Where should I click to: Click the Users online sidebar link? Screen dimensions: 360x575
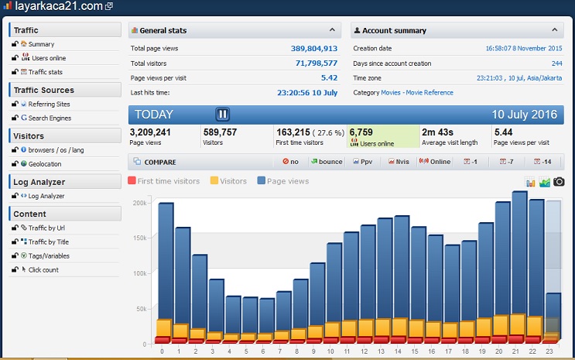(x=48, y=58)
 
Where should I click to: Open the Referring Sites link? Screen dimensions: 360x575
(x=50, y=104)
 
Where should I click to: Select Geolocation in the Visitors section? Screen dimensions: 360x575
(x=45, y=163)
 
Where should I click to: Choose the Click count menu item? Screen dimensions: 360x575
(x=44, y=269)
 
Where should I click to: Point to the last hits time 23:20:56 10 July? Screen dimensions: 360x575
(x=306, y=92)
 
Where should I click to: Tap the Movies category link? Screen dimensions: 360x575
(x=391, y=92)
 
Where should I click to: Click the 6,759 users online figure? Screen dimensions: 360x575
(x=361, y=132)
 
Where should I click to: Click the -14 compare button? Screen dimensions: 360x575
(x=544, y=162)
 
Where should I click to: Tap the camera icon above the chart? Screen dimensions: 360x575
(x=558, y=181)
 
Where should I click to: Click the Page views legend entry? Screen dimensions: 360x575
(x=282, y=181)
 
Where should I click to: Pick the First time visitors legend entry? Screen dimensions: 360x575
(x=163, y=181)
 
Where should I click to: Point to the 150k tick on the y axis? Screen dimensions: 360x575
(x=140, y=238)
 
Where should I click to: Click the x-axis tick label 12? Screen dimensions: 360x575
(x=367, y=351)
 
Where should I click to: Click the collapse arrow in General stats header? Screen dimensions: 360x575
(x=332, y=30)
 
